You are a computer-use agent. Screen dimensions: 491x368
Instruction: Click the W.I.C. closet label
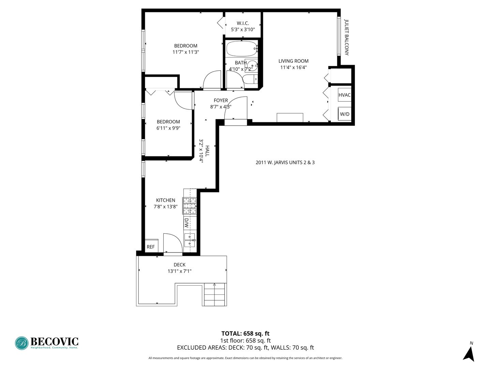coord(243,23)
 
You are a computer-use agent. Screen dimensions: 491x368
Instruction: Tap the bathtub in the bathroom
coord(242,49)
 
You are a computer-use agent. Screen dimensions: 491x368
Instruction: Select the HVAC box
coord(344,95)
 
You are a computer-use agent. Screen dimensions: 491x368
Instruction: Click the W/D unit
coord(344,114)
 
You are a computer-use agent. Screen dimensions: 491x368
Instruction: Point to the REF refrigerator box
coord(151,246)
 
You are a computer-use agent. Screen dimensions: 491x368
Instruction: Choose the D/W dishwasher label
coord(186,223)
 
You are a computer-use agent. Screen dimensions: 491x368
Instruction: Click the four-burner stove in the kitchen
coord(190,206)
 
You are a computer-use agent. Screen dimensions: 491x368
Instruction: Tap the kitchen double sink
coord(190,240)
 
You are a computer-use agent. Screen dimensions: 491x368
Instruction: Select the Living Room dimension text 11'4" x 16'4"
coord(293,67)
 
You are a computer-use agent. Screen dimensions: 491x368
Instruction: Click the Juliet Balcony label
coord(346,37)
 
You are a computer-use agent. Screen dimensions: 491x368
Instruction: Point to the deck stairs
coord(214,294)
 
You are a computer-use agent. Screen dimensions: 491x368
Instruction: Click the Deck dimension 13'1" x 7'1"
coord(179,271)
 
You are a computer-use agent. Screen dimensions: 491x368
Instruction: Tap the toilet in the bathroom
coord(250,79)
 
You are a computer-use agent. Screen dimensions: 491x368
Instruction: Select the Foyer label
coord(221,101)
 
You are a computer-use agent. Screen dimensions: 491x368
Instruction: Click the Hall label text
coord(207,151)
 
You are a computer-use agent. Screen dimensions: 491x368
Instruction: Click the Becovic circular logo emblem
coord(22,343)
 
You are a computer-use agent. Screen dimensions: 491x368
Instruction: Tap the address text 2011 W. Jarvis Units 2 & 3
coord(285,163)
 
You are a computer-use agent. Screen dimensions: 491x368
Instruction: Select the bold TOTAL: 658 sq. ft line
coord(245,334)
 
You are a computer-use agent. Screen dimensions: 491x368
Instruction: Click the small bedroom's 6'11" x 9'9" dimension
coord(168,128)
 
